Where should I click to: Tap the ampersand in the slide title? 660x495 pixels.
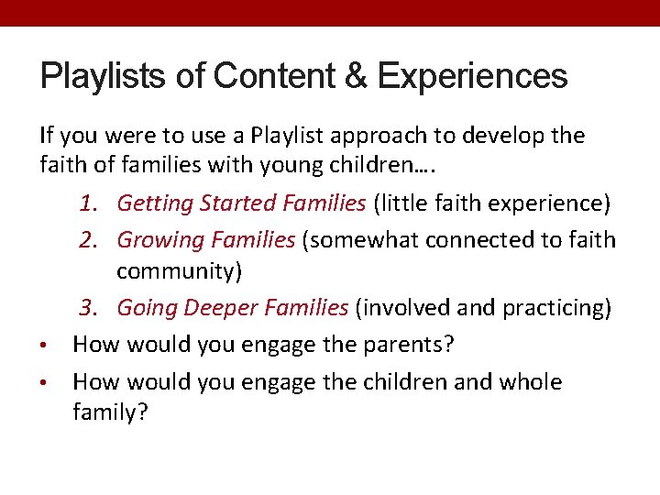pyautogui.click(x=355, y=76)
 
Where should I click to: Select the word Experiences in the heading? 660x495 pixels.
pyautogui.click(x=471, y=76)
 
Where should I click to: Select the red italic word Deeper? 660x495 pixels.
pyautogui.click(x=220, y=308)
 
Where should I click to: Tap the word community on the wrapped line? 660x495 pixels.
pyautogui.click(x=172, y=272)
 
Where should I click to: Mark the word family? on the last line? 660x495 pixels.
pyautogui.click(x=110, y=412)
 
